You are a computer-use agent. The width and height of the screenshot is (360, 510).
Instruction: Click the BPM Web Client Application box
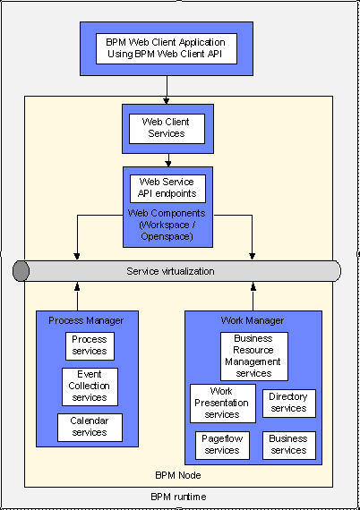167,48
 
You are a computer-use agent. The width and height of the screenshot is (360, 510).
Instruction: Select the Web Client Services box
167,129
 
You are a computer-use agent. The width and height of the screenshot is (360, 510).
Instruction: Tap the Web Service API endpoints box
167,189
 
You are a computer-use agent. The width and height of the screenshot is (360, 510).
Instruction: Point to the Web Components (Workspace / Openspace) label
167,225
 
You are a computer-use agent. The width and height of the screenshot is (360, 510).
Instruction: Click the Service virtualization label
170,271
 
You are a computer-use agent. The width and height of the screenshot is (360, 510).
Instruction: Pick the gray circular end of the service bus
21,270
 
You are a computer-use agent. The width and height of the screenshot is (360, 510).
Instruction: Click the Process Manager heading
86,320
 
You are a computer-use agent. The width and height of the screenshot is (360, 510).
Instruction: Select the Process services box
90,346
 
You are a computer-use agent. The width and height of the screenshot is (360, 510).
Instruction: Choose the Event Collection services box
90,387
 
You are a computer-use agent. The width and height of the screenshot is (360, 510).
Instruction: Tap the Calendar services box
90,428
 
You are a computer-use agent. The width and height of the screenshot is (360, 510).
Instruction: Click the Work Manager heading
253,320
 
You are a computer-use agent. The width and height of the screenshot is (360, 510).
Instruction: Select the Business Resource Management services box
254,356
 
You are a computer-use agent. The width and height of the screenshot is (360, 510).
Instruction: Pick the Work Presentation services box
223,404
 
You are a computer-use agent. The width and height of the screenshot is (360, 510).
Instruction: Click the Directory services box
289,404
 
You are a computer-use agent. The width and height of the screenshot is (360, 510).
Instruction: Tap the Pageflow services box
222,446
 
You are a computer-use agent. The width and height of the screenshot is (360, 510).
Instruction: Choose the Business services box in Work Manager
289,446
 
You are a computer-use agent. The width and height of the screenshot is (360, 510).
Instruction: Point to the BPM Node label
178,475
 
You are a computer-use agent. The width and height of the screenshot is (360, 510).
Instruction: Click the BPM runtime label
178,497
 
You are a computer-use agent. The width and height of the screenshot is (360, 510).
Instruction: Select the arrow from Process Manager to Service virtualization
77,296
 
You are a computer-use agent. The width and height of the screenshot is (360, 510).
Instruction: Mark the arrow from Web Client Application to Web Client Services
167,90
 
